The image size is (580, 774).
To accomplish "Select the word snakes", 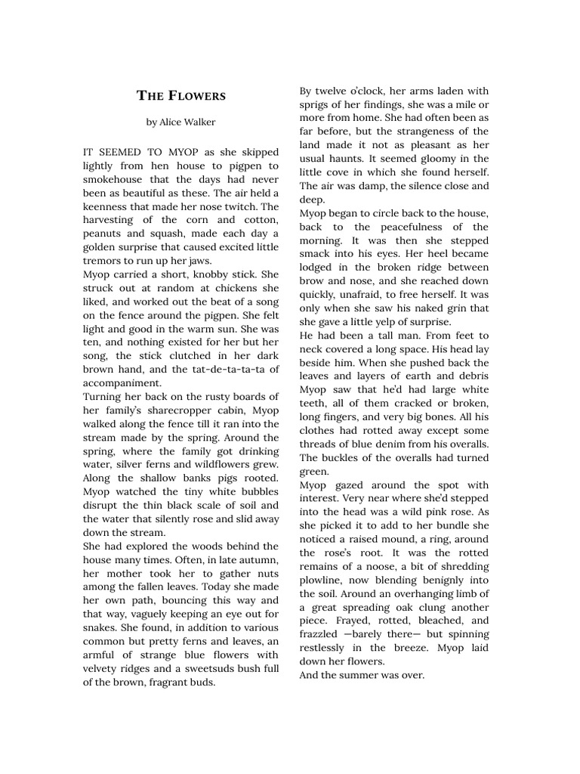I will pyautogui.click(x=101, y=628).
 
